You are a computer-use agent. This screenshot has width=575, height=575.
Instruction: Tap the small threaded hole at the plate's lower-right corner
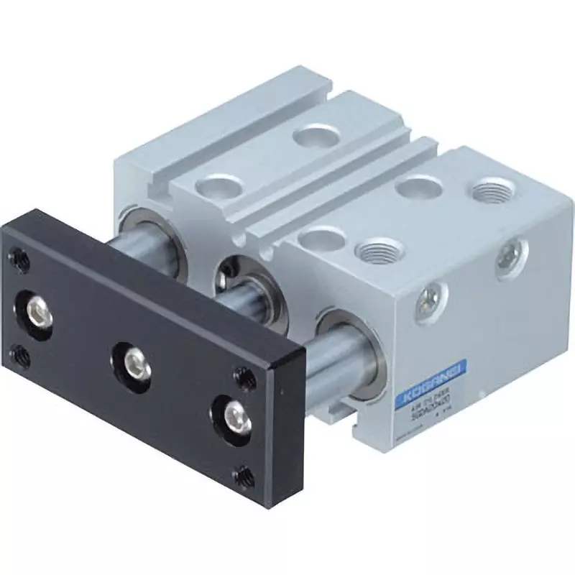[245, 475]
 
